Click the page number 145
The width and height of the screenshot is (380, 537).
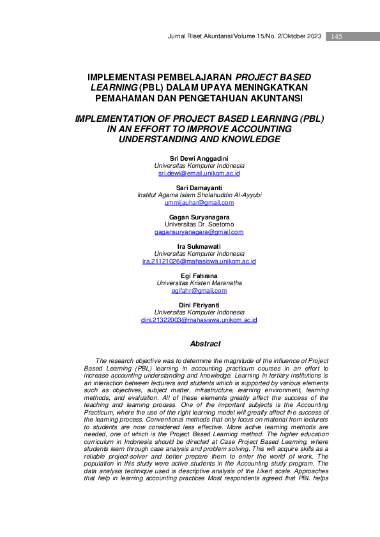pyautogui.click(x=337, y=36)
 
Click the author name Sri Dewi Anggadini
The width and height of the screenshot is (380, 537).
pyautogui.click(x=199, y=158)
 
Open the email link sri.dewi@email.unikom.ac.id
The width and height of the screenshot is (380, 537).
pyautogui.click(x=199, y=173)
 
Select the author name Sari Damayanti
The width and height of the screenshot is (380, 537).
pyautogui.click(x=199, y=188)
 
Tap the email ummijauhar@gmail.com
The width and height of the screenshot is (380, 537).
pyautogui.click(x=199, y=203)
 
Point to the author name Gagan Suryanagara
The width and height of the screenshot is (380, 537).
pyautogui.click(x=199, y=217)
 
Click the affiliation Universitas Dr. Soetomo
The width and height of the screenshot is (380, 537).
pyautogui.click(x=199, y=224)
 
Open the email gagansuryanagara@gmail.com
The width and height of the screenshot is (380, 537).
pyautogui.click(x=199, y=232)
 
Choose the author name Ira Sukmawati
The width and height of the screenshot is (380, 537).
pyautogui.click(x=199, y=246)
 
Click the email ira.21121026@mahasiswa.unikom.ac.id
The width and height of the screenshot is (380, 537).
pyautogui.click(x=199, y=261)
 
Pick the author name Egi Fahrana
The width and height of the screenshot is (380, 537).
pyautogui.click(x=199, y=276)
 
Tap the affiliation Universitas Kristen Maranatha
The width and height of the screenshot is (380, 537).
pyautogui.click(x=199, y=283)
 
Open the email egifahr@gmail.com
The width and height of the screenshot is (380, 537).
pyautogui.click(x=199, y=291)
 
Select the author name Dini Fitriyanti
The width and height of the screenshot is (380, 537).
pyautogui.click(x=199, y=305)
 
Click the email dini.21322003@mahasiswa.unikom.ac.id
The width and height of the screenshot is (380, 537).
pyautogui.click(x=199, y=320)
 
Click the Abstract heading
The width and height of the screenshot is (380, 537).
pyautogui.click(x=205, y=344)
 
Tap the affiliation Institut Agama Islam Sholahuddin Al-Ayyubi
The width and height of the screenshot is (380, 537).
pyautogui.click(x=199, y=195)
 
